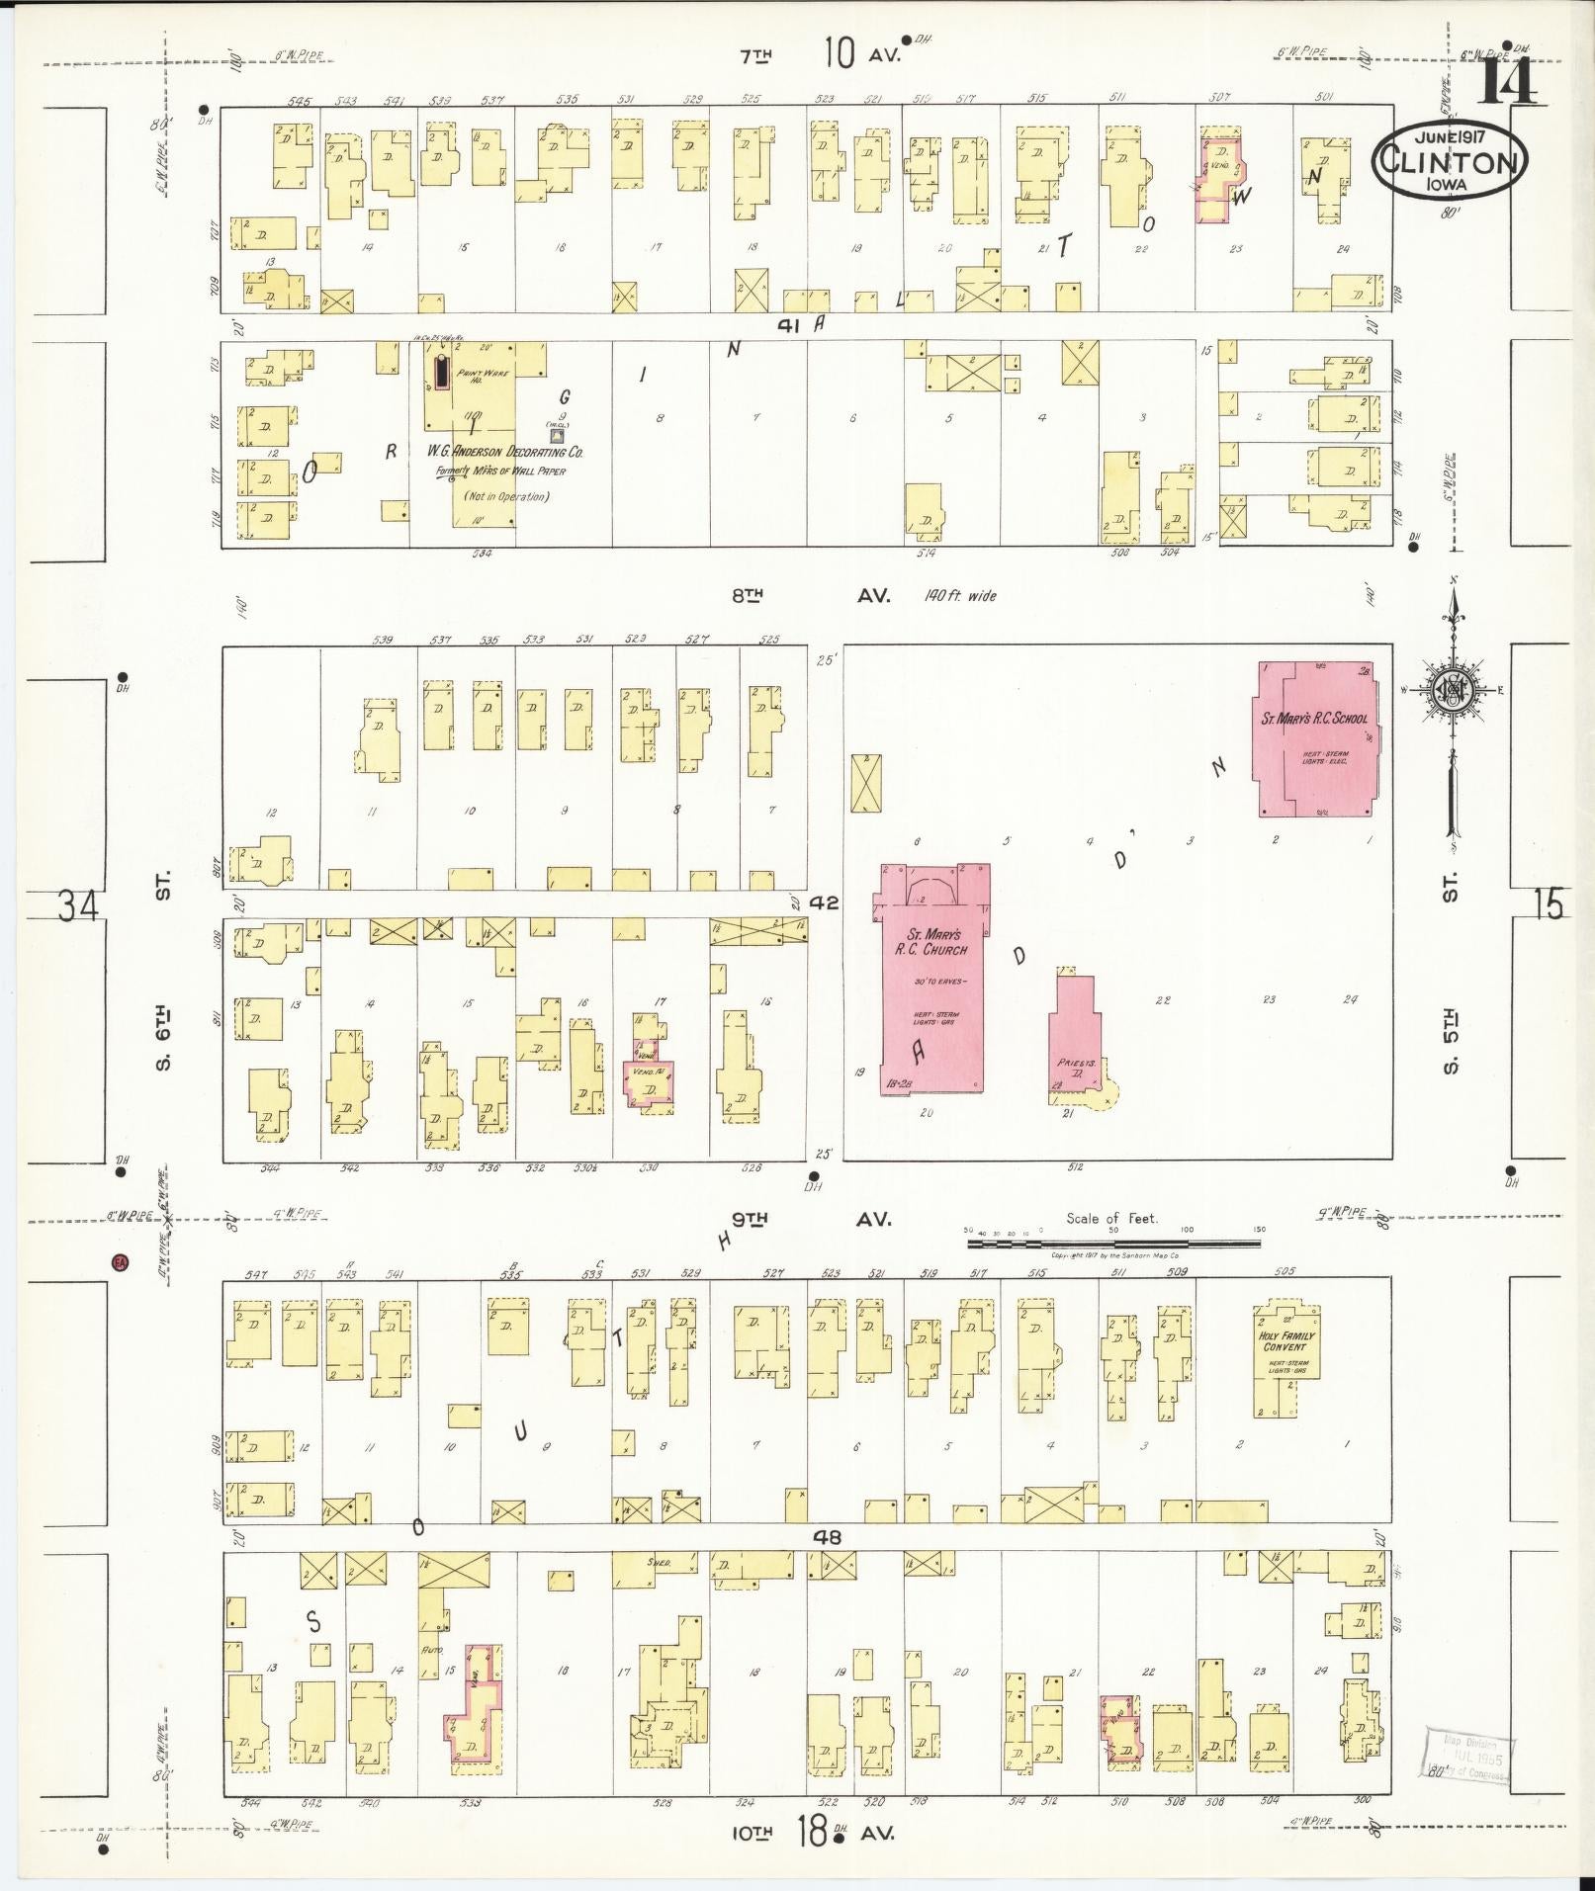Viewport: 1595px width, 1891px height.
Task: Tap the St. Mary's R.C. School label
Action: point(1313,719)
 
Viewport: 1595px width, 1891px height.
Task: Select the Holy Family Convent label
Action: point(1285,1341)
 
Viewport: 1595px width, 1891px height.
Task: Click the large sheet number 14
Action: point(1507,82)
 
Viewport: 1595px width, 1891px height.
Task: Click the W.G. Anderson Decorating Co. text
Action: point(505,453)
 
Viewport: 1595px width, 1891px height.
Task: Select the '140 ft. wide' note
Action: point(960,596)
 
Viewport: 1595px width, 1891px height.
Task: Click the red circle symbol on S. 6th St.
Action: point(121,1262)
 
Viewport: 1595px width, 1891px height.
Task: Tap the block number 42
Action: point(824,903)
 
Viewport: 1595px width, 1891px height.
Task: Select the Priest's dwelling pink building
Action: point(1074,1038)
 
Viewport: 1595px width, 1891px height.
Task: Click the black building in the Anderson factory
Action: point(441,373)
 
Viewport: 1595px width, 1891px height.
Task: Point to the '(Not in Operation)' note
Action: point(508,496)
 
